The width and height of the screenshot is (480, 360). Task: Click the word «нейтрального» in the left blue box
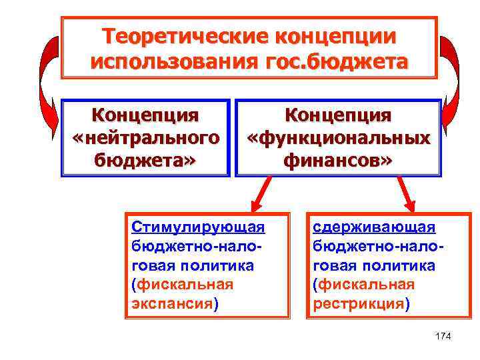click(145, 138)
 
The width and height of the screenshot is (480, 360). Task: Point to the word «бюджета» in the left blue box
click(145, 160)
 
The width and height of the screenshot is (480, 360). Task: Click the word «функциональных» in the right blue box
click(338, 138)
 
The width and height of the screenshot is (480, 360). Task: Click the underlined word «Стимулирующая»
click(198, 227)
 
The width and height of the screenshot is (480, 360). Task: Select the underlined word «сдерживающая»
click(374, 227)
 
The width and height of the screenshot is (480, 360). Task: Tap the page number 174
click(442, 336)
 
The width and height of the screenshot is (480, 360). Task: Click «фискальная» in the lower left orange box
click(185, 285)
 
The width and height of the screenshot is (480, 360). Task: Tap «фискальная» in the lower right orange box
click(366, 285)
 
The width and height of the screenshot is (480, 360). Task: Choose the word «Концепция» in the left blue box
click(145, 115)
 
